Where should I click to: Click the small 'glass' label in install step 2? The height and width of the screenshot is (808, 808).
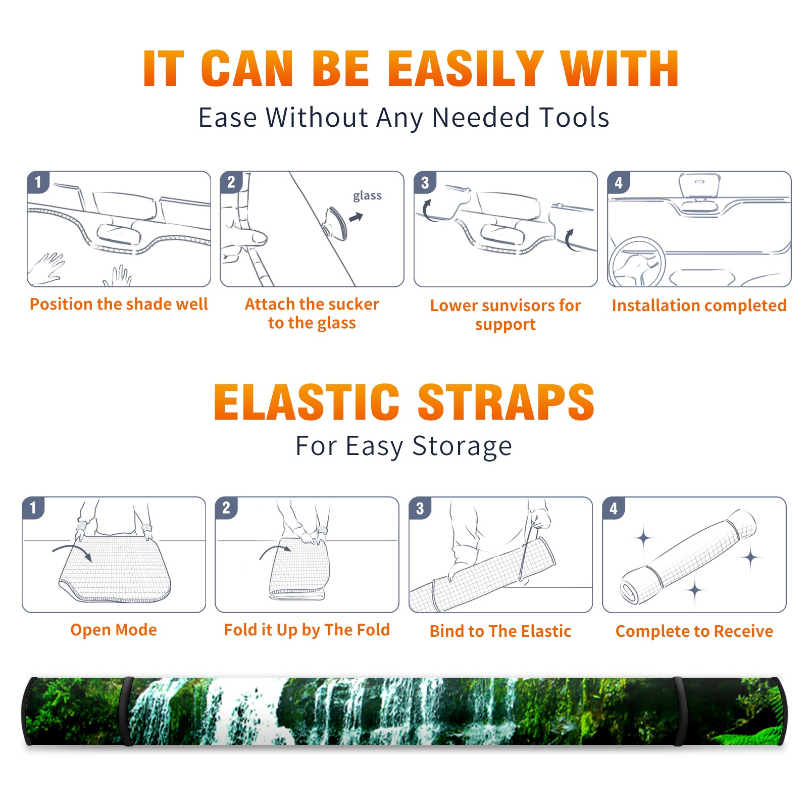click(367, 195)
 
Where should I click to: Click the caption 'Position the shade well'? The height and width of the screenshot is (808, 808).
click(119, 304)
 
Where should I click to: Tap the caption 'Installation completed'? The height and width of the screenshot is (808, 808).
click(699, 306)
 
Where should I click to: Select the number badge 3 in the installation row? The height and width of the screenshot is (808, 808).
click(425, 182)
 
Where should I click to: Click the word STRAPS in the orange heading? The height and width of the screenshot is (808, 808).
click(506, 402)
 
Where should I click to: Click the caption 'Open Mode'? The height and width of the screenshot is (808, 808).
click(114, 630)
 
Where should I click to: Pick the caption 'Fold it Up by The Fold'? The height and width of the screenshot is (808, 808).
click(307, 630)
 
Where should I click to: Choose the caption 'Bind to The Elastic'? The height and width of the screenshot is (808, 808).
click(500, 631)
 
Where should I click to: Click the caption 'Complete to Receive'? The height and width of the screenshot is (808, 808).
click(694, 631)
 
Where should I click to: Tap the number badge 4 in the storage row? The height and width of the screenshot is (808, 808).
click(614, 508)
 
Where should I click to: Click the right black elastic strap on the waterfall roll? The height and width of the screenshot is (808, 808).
click(679, 712)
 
